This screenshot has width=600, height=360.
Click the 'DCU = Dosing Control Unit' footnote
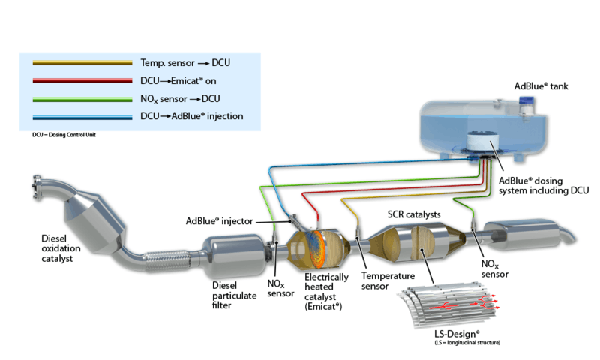[x=58, y=134]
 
